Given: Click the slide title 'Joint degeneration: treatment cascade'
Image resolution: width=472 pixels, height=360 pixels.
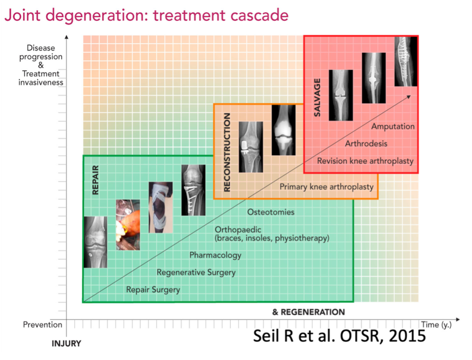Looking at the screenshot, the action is pos(146,16).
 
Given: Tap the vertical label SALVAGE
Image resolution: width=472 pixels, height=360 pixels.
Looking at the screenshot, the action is pos(317,98).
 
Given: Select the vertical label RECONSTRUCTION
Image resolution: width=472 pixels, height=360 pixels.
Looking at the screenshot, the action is pos(227,153).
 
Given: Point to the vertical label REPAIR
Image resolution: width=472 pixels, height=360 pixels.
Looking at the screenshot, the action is pos(95,180).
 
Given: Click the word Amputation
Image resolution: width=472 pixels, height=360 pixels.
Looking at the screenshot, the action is pos(393,126).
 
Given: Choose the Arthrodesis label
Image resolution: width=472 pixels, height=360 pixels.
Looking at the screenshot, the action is pos(366,143).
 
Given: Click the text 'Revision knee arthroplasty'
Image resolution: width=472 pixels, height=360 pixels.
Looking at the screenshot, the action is pos(365,161).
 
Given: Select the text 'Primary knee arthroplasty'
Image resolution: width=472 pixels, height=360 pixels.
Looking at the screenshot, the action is pos(327,187).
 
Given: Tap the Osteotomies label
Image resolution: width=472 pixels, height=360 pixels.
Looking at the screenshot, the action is pos(271,212).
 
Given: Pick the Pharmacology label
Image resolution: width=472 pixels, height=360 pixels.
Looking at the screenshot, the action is pos(215,255).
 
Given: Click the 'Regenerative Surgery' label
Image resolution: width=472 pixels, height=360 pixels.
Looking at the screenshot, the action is pos(196,273).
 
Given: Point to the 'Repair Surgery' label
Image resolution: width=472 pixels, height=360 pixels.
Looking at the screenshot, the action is pos(153,289).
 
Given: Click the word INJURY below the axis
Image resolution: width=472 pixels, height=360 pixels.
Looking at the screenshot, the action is pos(66,343).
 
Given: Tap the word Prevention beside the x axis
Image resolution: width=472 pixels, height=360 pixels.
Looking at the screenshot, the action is pos(42,324).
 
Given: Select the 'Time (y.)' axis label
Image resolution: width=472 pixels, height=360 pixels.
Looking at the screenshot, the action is pos(436,325).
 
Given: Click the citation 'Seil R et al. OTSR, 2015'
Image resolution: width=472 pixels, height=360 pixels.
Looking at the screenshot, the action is pos(339,336).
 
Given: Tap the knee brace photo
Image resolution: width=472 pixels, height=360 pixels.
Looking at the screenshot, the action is pos(161,207).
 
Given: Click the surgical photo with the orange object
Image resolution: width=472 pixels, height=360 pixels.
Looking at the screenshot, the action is pos(128,225).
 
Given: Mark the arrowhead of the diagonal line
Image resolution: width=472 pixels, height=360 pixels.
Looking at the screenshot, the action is pos(409,96).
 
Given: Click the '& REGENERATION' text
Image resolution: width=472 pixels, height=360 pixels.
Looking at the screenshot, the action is pos(309,312).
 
